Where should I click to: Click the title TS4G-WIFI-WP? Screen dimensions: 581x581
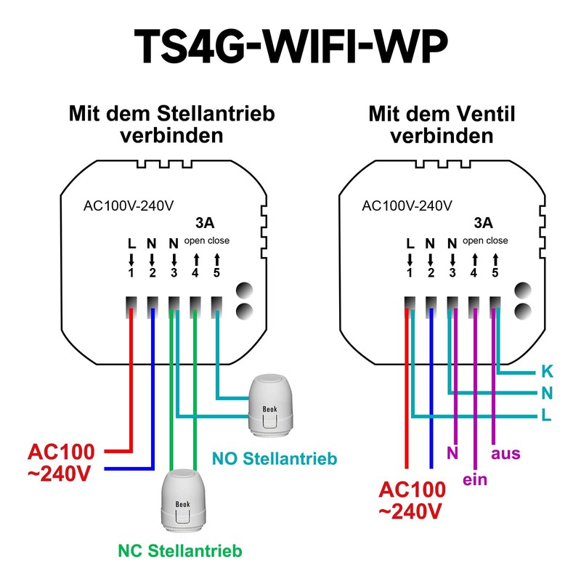[291, 47]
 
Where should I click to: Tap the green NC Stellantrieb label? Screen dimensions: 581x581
[180, 551]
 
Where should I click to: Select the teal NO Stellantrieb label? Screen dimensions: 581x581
[275, 459]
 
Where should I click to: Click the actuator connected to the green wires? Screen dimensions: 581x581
[183, 501]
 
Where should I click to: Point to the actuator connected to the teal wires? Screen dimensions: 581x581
[270, 406]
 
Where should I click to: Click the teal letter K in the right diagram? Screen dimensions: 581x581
[547, 371]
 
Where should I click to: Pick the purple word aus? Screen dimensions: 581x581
[505, 453]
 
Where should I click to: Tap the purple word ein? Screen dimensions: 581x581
[475, 479]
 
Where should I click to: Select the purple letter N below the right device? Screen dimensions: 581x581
[452, 453]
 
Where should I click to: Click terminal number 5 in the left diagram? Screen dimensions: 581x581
[216, 273]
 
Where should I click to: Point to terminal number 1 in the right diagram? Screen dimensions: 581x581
[410, 273]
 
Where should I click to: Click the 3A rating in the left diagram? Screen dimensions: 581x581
[205, 223]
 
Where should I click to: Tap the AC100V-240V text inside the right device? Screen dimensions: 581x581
[407, 206]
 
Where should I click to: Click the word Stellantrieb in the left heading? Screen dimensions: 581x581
[216, 113]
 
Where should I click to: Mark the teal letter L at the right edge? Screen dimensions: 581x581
[547, 415]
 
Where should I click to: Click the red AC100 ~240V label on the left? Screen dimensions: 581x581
[61, 463]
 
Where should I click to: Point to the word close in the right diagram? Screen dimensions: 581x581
[497, 240]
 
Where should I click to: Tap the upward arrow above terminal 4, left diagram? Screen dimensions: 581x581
[196, 260]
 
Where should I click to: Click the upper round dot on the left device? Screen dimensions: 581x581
[245, 290]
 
